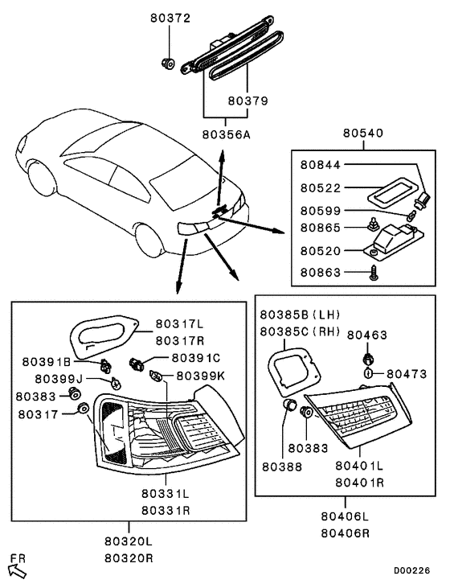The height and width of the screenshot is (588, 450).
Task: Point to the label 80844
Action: tap(321, 165)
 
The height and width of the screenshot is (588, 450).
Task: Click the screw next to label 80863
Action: tap(374, 274)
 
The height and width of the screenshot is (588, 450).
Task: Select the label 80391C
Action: tap(196, 357)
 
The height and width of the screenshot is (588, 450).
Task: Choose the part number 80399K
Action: tap(200, 375)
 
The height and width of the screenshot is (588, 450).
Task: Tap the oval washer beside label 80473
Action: tap(368, 373)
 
